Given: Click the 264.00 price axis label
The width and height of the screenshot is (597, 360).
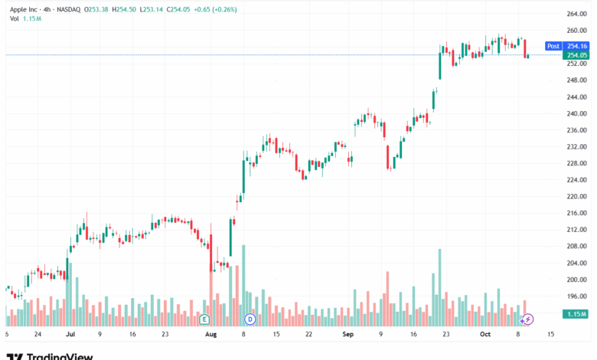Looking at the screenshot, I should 576,15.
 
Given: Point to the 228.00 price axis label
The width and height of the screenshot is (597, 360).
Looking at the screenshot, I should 576,163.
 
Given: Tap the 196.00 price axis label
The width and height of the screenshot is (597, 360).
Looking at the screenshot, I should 576,296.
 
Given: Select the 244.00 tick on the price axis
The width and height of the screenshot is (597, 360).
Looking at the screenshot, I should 576,97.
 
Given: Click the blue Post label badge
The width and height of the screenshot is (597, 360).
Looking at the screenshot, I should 553,46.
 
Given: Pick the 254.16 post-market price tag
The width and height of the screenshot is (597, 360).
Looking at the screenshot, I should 576,46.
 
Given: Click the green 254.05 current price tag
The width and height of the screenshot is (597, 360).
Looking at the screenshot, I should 576,55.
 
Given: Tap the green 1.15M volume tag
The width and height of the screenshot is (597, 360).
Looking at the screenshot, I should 576,315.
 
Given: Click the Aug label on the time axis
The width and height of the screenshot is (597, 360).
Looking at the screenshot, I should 211,335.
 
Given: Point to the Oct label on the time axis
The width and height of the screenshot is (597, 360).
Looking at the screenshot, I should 484,335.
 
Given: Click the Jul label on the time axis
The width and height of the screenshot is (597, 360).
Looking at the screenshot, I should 70,335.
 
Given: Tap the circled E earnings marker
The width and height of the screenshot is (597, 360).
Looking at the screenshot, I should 204,318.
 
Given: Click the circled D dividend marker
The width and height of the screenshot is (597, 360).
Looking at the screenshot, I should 250,318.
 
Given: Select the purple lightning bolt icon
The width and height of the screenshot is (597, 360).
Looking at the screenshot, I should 527,318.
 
